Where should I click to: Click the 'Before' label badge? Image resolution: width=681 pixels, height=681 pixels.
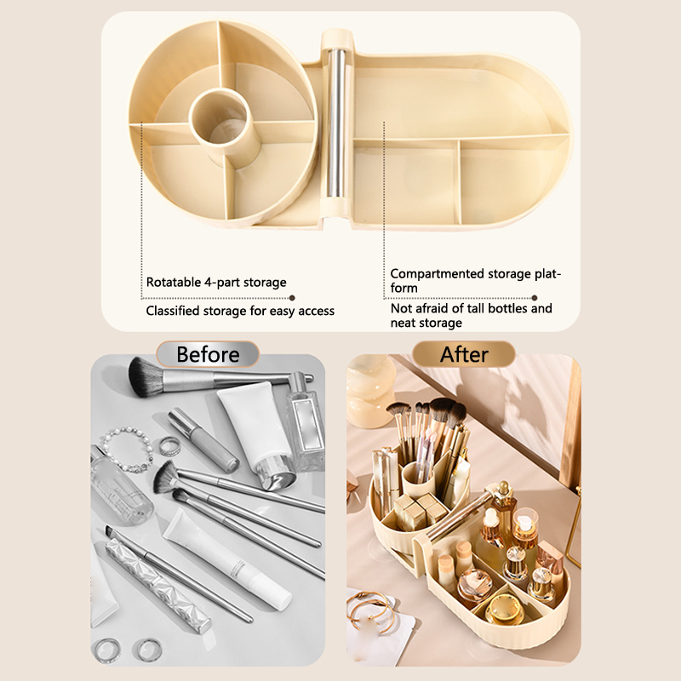pos(208,354)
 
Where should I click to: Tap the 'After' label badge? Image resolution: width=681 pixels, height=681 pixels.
pos(464,354)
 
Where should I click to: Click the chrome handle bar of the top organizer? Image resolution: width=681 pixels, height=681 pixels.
pos(336,123)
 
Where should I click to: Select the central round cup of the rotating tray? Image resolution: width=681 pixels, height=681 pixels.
pos(219,117)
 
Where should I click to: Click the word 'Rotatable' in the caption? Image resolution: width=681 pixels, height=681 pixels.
pos(174,283)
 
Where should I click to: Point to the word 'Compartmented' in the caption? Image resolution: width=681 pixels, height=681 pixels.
pos(437,274)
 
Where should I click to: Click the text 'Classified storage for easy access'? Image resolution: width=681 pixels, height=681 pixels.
pos(240,311)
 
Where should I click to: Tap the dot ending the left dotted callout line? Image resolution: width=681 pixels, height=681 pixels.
pos(292,298)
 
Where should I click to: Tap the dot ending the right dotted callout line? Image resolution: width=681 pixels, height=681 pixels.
pos(535,298)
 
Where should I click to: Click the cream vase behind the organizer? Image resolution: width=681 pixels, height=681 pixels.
pos(369,391)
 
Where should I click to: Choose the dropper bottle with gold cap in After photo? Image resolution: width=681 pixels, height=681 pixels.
pos(505,507)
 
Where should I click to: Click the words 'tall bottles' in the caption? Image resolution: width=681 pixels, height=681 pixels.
pos(482,308)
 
